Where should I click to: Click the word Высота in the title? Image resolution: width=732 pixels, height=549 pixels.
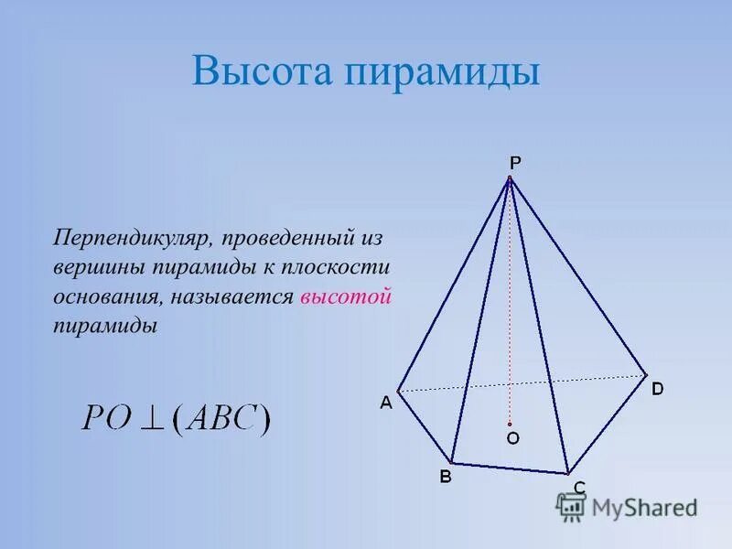coord(259,71)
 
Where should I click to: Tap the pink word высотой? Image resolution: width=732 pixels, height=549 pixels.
coord(346,296)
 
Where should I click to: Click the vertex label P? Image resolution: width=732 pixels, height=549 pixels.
coord(515,163)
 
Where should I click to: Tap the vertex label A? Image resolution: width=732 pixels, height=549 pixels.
coord(386,402)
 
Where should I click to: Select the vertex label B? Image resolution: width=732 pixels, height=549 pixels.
coord(446,476)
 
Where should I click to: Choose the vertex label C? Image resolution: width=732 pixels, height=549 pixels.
coord(579,487)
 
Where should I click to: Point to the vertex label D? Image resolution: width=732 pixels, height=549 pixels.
coord(657,389)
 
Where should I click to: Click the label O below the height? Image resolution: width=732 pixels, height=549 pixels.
coord(512,439)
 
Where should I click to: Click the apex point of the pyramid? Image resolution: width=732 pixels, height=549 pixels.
coord(509,179)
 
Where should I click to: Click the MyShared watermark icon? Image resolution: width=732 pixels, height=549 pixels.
coord(571,505)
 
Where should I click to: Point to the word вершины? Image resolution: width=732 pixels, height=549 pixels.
coord(98,267)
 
